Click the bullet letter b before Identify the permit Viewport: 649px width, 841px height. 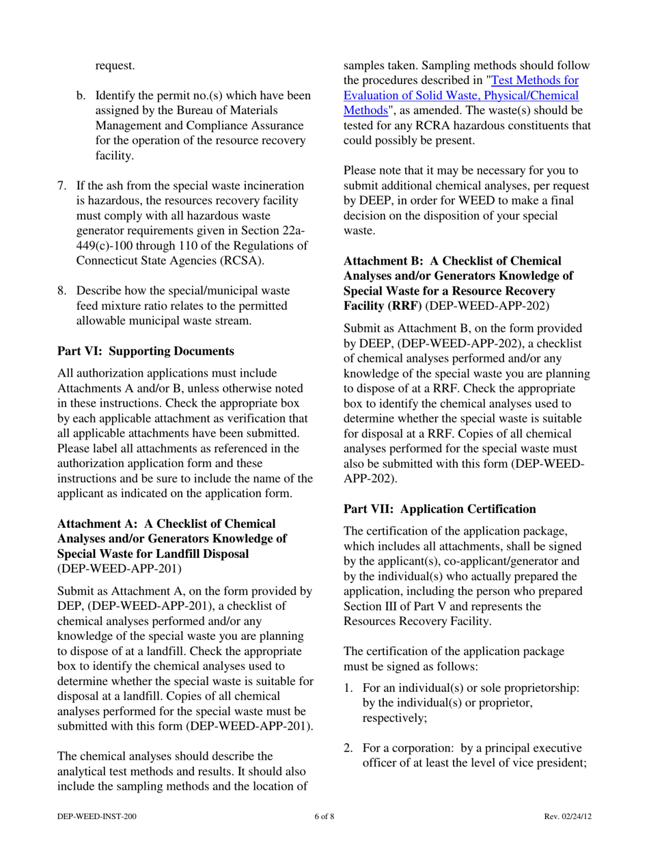[80, 94]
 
